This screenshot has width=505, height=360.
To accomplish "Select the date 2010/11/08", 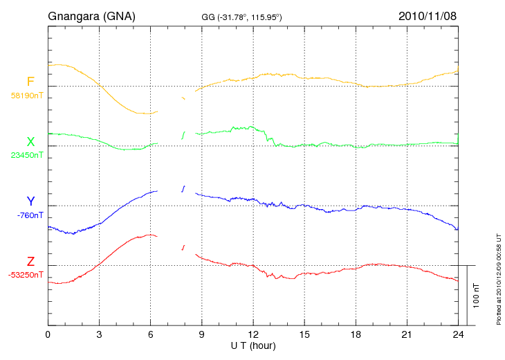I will point(428,15).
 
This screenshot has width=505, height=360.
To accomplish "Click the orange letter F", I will point(30,82).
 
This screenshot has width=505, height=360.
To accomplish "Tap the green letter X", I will point(30,143).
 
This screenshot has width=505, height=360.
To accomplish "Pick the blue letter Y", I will point(30,201).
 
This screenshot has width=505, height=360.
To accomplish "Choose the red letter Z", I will point(30,262).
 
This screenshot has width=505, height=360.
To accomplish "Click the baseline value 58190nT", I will point(27,96).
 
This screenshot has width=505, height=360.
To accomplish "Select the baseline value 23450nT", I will point(27,155).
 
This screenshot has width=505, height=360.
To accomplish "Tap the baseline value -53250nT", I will point(26,274).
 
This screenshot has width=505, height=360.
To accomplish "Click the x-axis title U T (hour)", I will point(253,345).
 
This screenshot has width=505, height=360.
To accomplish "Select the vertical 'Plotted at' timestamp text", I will point(499,277).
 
